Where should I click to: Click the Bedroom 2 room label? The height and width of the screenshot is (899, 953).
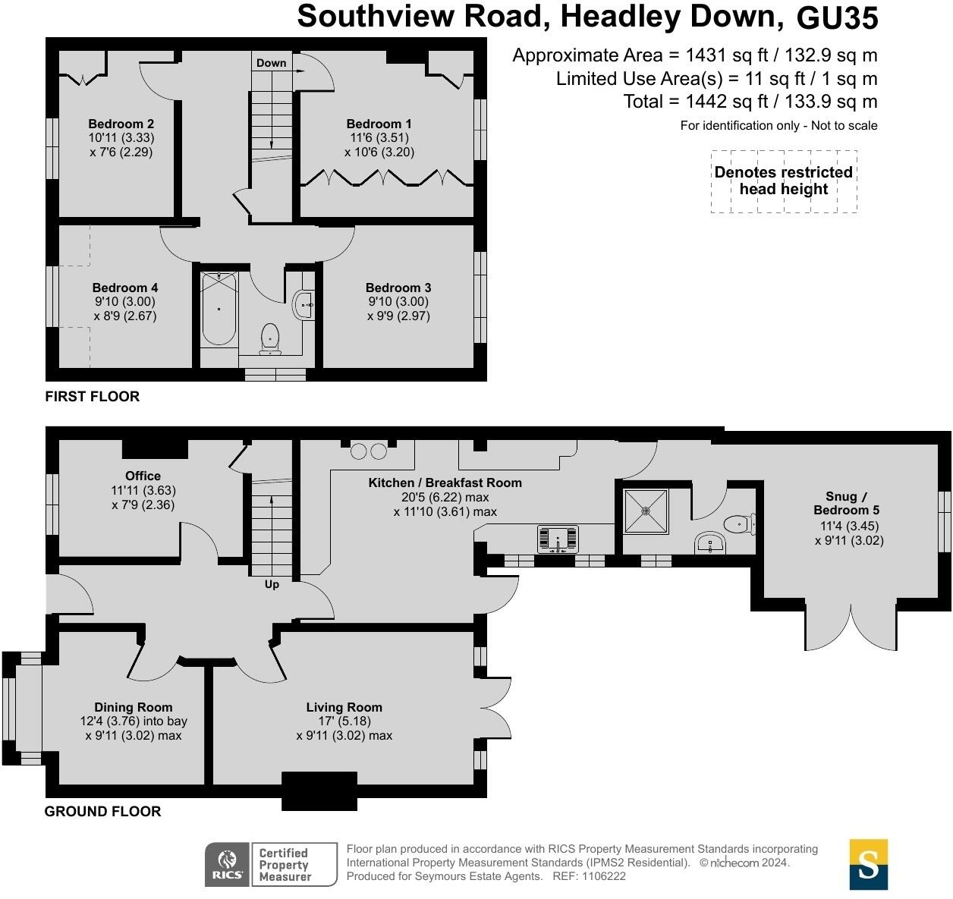coord(121,124)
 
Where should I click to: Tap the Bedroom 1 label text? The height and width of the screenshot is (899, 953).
coord(379,124)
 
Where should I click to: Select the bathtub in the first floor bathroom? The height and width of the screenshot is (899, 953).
coord(219,310)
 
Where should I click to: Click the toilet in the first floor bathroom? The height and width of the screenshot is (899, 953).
coord(270,338)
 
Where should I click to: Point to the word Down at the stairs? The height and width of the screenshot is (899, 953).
coord(271,63)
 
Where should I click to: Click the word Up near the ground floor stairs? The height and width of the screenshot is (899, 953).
coord(272,584)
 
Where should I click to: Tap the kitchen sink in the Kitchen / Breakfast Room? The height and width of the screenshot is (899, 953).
coord(558,539)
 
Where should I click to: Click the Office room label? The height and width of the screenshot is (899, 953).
coord(143,476)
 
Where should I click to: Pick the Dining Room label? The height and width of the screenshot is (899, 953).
coord(134,707)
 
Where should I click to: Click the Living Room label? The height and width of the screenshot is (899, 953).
coord(344,707)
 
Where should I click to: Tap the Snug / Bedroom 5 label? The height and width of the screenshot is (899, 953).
coord(846,503)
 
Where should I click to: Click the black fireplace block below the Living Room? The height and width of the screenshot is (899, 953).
coord(319,791)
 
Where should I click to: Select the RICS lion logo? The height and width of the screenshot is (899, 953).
coord(227,864)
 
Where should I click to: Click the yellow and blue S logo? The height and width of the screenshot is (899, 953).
coord(869,864)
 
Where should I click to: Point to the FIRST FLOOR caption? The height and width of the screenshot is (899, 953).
coord(93,396)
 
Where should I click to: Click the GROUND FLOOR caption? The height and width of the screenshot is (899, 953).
coord(103,811)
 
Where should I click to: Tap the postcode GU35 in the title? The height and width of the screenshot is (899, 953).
coord(838,17)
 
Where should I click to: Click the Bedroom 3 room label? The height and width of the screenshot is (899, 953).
coord(398,288)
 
